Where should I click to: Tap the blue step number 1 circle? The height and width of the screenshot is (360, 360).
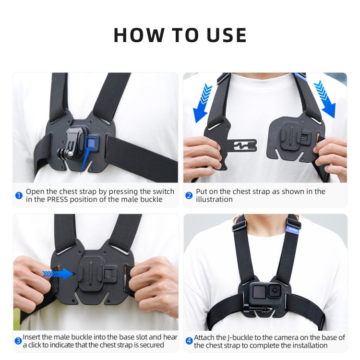pos(19,195)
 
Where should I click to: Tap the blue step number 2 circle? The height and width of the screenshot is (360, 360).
pos(189,195)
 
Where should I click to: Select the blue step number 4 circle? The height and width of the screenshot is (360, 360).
pos(189,341)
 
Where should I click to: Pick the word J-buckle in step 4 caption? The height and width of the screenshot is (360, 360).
pos(240,337)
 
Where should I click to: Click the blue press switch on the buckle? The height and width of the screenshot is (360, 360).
pos(91,142)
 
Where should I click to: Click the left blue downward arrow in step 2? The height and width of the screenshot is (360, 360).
pos(203,102)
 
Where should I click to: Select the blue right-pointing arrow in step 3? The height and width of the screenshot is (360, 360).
pos(58,274)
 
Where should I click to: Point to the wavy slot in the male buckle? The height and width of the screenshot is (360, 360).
pos(245,145)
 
